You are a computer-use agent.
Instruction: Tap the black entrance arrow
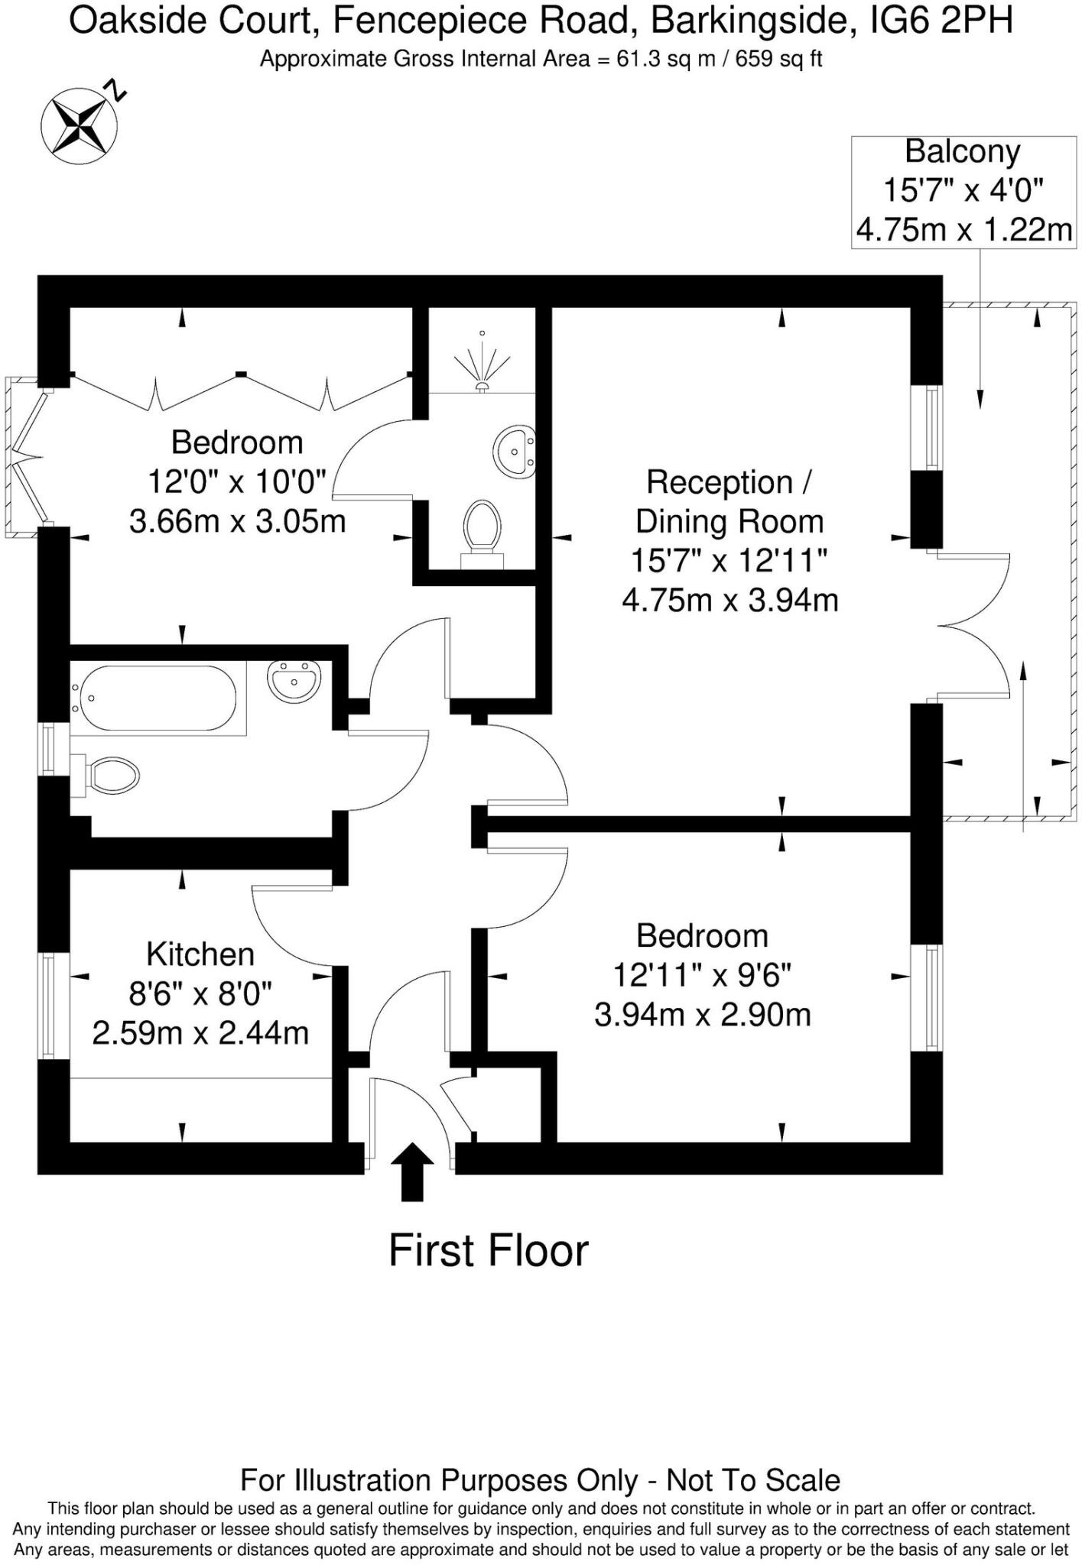pyautogui.click(x=412, y=1171)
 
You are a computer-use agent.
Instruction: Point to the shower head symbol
pyautogui.click(x=482, y=363)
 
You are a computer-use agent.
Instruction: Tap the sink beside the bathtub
pyautogui.click(x=294, y=679)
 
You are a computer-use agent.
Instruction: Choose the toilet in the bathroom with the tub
pyautogui.click(x=107, y=776)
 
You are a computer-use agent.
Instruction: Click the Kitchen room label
pyautogui.click(x=200, y=954)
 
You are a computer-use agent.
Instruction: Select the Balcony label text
pyautogui.click(x=962, y=151)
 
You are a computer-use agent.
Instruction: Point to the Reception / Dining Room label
pyautogui.click(x=729, y=502)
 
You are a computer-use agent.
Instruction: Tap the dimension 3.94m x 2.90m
pyautogui.click(x=702, y=1015)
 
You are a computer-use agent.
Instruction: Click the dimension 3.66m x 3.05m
pyautogui.click(x=237, y=522)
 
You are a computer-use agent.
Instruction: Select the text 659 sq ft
pyautogui.click(x=778, y=59)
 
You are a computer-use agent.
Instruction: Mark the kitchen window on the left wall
pyautogui.click(x=47, y=1006)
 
